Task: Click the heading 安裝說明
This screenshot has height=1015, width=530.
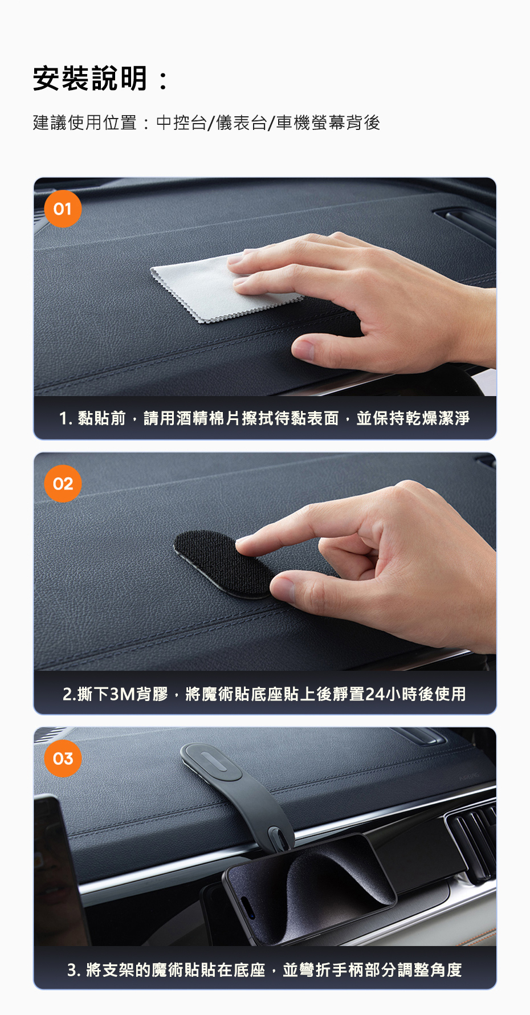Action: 91,79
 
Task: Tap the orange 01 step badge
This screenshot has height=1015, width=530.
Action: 63,209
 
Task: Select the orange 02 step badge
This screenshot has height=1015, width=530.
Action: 63,484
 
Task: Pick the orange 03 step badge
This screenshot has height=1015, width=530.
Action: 63,759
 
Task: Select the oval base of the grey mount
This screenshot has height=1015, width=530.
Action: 211,762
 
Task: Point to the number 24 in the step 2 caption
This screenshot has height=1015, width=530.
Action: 375,694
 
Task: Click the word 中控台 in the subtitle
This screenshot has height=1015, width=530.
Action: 181,123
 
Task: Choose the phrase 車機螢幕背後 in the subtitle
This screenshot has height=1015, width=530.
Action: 328,123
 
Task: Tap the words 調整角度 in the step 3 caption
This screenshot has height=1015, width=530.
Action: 430,969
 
